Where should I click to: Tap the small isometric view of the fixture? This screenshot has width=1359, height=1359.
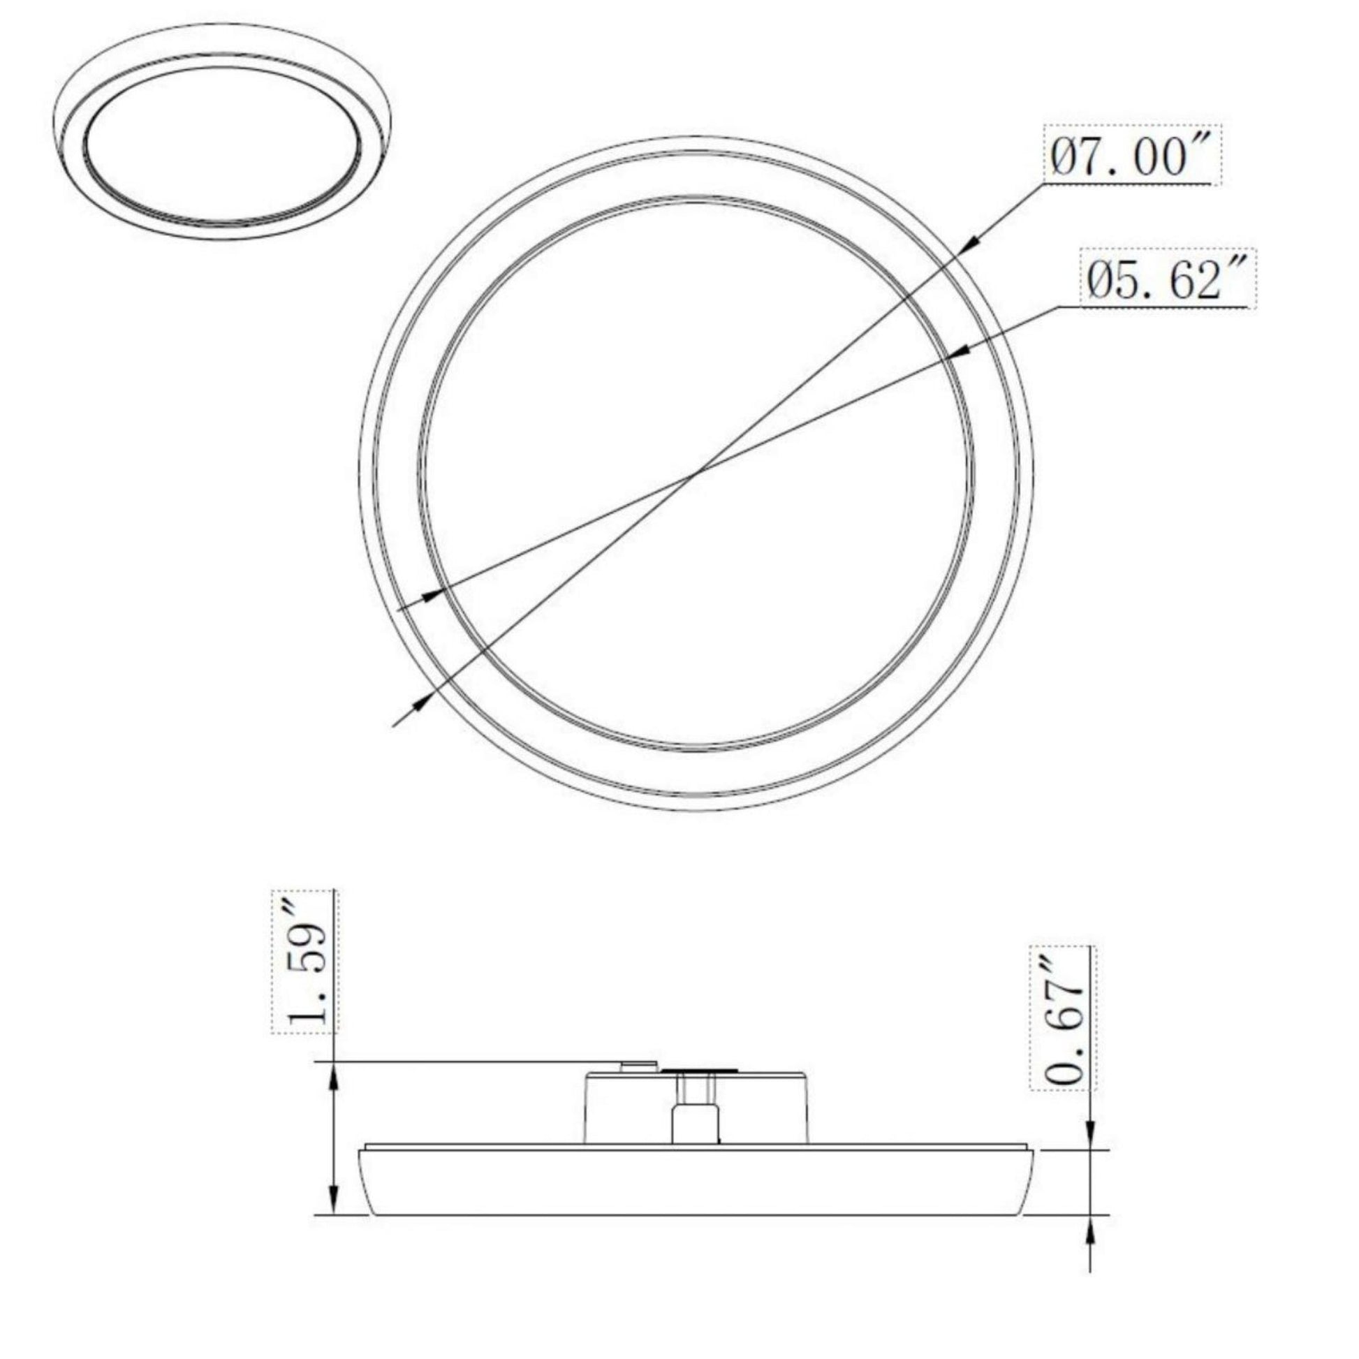click(x=224, y=131)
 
